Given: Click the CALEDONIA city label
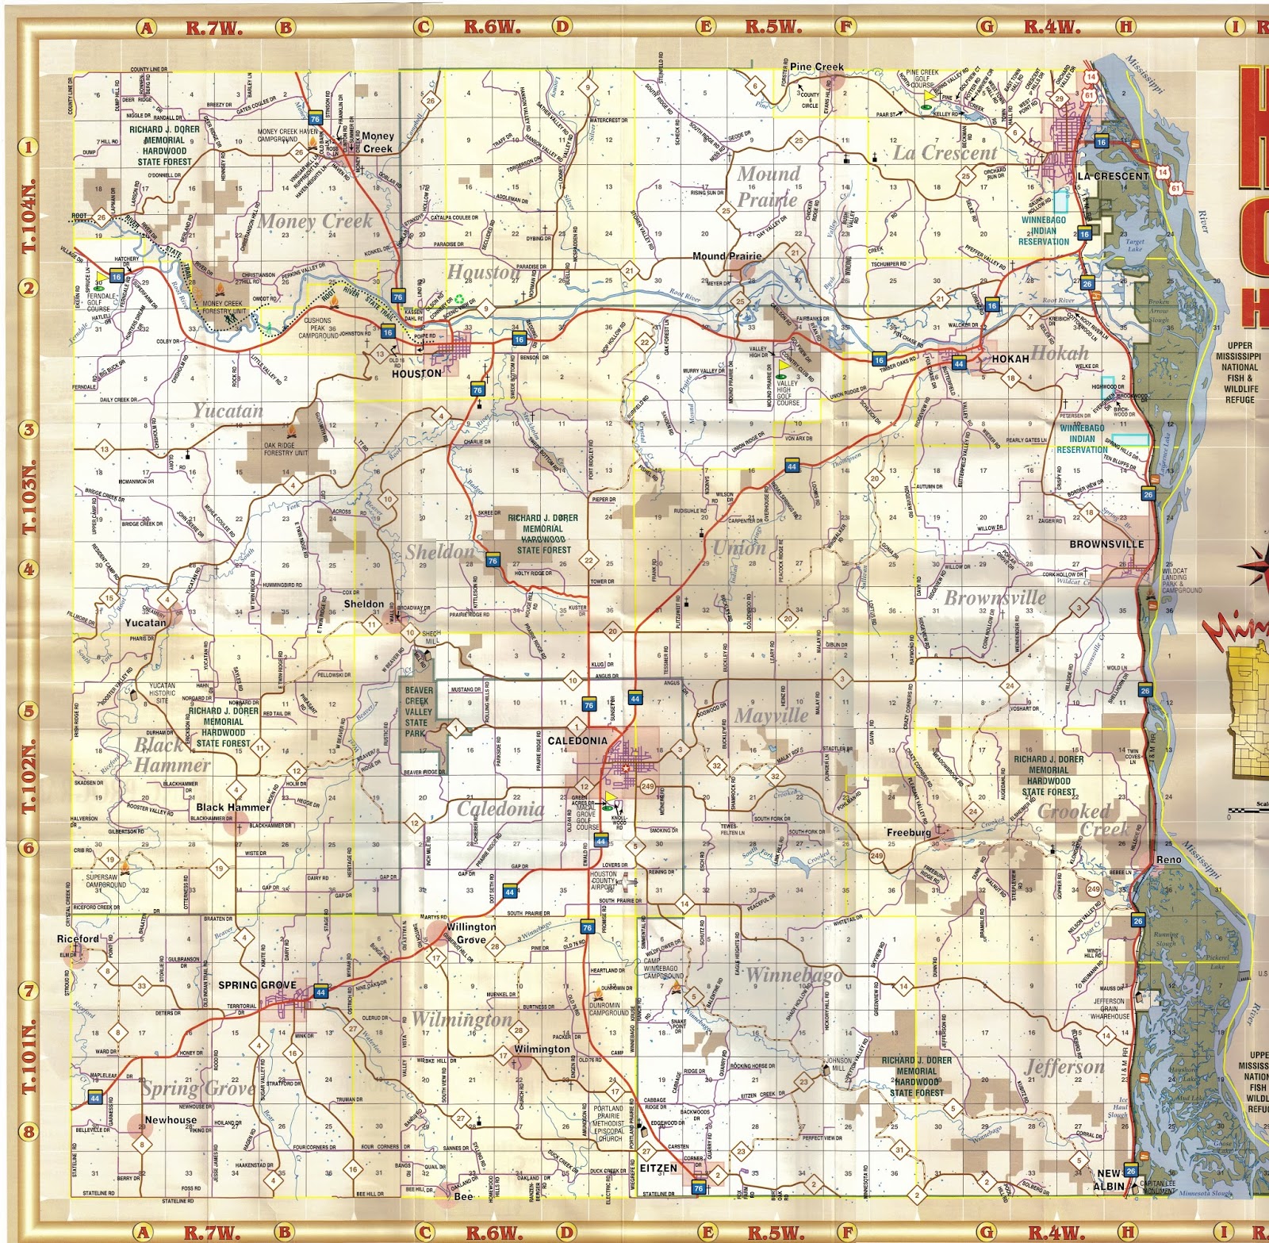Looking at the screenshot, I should pyautogui.click(x=577, y=740).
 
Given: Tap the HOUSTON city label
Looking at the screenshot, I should pyautogui.click(x=416, y=373).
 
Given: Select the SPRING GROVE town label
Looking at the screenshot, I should pyautogui.click(x=257, y=984).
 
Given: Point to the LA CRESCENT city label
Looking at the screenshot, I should pyautogui.click(x=1113, y=176).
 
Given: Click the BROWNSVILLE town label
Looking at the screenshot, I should pyautogui.click(x=1106, y=544).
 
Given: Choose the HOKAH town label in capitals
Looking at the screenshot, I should pyautogui.click(x=1010, y=359).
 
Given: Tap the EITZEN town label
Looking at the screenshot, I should pyautogui.click(x=658, y=1168).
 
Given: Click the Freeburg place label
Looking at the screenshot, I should pyautogui.click(x=909, y=832).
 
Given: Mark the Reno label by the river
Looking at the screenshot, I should pyautogui.click(x=1168, y=860).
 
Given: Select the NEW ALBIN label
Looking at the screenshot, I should pyautogui.click(x=1109, y=1180).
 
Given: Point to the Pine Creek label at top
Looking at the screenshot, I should pyautogui.click(x=816, y=67).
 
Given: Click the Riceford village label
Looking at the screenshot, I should pyautogui.click(x=78, y=938).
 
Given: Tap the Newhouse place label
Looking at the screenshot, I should pyautogui.click(x=171, y=1120).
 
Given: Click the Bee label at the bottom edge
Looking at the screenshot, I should pyautogui.click(x=463, y=1196).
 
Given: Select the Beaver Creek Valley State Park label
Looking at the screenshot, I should pyautogui.click(x=418, y=712).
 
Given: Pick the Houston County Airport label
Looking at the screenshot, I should pyautogui.click(x=604, y=880).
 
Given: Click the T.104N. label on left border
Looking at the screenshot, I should pyautogui.click(x=29, y=217).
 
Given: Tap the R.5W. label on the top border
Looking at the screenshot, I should pyautogui.click(x=773, y=27).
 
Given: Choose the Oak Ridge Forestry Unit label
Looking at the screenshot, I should pyautogui.click(x=286, y=449).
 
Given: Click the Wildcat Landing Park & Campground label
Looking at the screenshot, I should pyautogui.click(x=1182, y=581).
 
